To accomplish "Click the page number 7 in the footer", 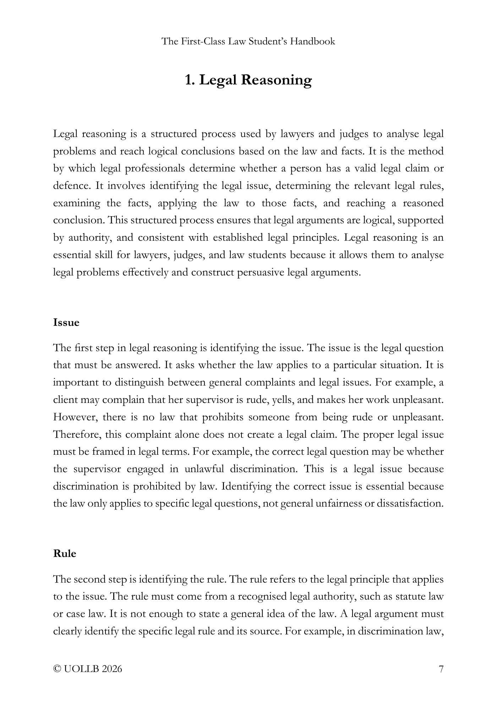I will [x=441, y=669].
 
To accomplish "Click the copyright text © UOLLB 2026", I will [x=87, y=669].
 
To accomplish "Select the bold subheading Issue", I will [x=66, y=323].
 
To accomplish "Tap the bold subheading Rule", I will [x=65, y=554].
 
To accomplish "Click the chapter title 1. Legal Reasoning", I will [x=248, y=80].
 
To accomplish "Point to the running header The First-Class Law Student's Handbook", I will [x=248, y=42].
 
